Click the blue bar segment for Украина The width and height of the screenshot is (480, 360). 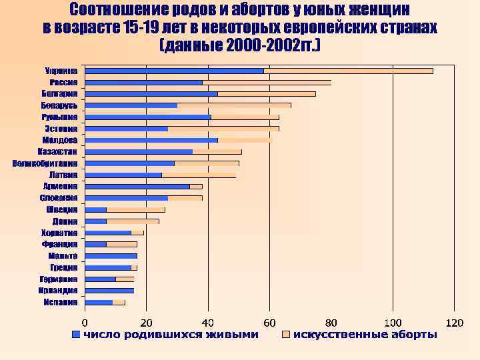[175, 71]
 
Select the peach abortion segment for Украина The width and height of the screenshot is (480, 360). [348, 71]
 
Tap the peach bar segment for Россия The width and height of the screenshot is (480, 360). [267, 83]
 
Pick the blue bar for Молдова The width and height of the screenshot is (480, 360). [152, 140]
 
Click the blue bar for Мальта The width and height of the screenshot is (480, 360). [111, 255]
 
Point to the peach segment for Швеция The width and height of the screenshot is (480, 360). [135, 209]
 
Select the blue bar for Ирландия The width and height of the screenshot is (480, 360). [109, 291]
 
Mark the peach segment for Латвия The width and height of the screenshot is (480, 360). [199, 175]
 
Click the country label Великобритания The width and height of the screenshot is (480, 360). [45, 163]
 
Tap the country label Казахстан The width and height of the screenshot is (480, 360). [58, 152]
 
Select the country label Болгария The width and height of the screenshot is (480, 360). [60, 94]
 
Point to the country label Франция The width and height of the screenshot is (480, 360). [60, 245]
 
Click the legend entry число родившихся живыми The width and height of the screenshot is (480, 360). [170, 334]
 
